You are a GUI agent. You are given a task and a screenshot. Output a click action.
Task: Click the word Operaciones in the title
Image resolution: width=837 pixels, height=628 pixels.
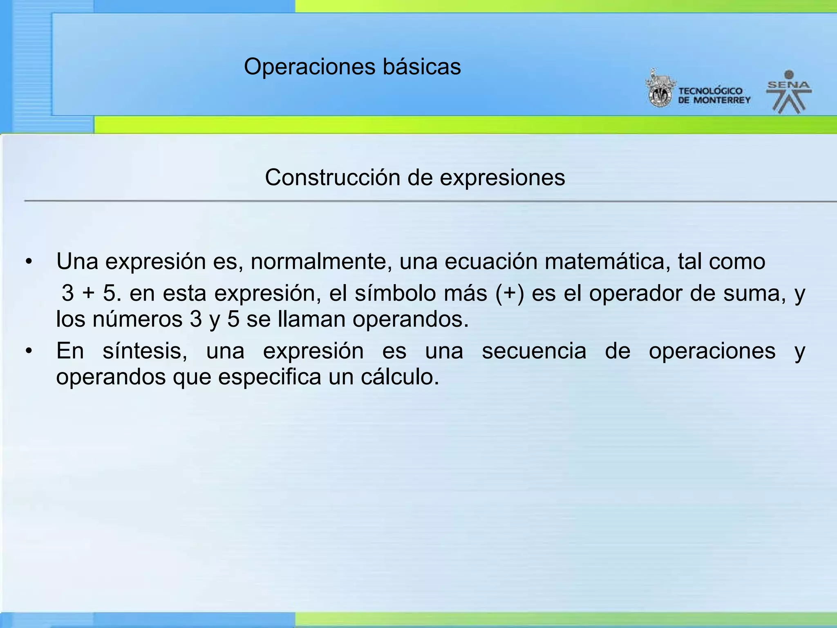tap(309, 67)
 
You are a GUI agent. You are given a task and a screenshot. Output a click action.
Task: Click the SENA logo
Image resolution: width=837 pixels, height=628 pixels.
tap(788, 92)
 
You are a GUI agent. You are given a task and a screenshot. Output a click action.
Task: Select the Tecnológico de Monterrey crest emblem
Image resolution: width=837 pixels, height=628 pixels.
tap(660, 89)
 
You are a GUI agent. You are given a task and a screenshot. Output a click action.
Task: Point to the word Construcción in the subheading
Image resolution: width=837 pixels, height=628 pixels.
tap(332, 178)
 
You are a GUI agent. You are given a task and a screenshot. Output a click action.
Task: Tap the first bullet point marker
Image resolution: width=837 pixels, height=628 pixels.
tap(28, 262)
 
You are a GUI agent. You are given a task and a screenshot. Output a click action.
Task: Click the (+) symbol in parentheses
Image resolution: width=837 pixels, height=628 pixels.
tap(509, 294)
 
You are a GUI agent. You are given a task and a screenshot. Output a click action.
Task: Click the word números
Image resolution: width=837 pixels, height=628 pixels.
tap(137, 319)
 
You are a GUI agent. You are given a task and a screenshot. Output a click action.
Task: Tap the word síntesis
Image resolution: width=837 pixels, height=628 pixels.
tap(145, 351)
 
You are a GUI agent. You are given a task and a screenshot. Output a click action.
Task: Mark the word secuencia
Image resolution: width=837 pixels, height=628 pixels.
tap(534, 351)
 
